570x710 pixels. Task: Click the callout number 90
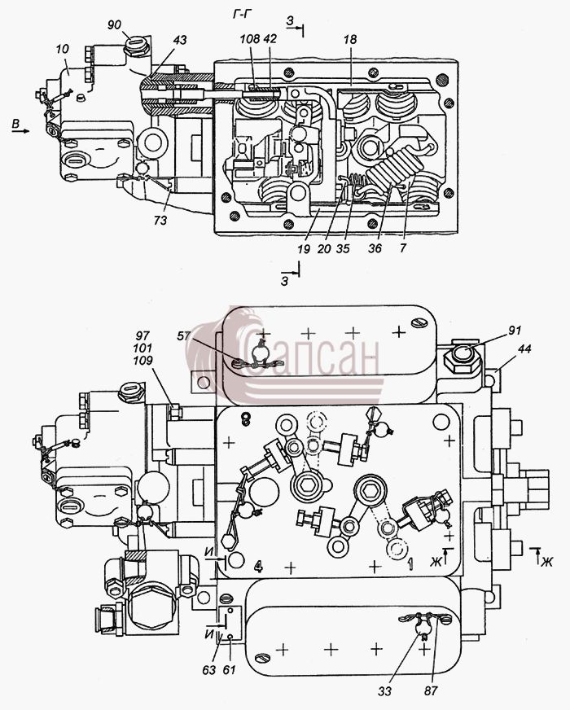coord(114,24)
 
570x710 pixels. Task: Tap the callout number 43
coord(179,40)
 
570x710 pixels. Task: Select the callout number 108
coord(250,39)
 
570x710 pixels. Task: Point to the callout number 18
coord(350,39)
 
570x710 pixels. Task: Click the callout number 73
coord(160,221)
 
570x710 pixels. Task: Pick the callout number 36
coord(375,248)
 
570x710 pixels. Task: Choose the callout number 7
coord(403,248)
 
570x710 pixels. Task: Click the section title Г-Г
coord(242,15)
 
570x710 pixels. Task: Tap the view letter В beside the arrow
coord(15,123)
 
